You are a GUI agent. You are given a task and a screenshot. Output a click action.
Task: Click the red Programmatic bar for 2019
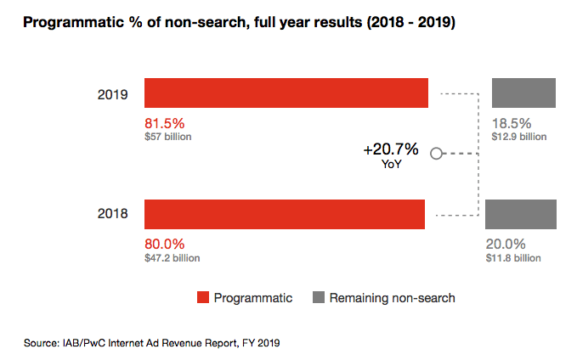point(286,93)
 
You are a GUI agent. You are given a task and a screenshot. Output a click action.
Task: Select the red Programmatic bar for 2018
point(285,214)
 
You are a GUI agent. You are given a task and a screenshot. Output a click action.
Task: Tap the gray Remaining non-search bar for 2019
point(523,93)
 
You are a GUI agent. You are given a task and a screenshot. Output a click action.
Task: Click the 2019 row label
point(112,93)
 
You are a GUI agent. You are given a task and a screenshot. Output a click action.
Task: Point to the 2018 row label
point(112,214)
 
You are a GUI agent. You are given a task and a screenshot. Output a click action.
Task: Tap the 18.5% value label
point(511,122)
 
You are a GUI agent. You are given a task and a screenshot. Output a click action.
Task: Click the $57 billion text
point(168,136)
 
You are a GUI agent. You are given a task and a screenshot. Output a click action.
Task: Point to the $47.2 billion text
point(173,257)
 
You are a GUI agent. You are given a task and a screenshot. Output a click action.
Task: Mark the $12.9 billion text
point(518,136)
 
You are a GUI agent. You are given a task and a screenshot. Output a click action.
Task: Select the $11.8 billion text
point(513,257)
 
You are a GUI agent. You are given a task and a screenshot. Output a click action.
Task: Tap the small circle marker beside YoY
point(437,154)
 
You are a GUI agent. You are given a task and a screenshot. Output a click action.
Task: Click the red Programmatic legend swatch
point(202,298)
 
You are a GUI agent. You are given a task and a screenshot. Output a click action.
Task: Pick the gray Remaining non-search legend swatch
point(319,298)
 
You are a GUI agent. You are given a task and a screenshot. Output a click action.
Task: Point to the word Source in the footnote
point(40,344)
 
